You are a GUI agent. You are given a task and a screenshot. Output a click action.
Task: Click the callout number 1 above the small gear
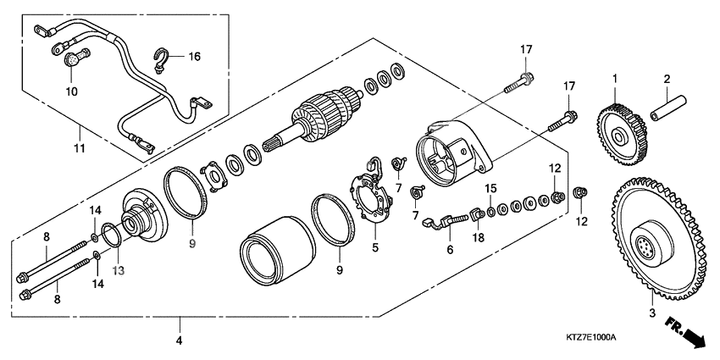(x=616, y=79)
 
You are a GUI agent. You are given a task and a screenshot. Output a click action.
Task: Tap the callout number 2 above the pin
(x=667, y=79)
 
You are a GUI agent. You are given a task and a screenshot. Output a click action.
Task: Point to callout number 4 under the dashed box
(x=180, y=340)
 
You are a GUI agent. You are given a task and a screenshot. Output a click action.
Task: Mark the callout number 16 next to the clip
(x=194, y=57)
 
